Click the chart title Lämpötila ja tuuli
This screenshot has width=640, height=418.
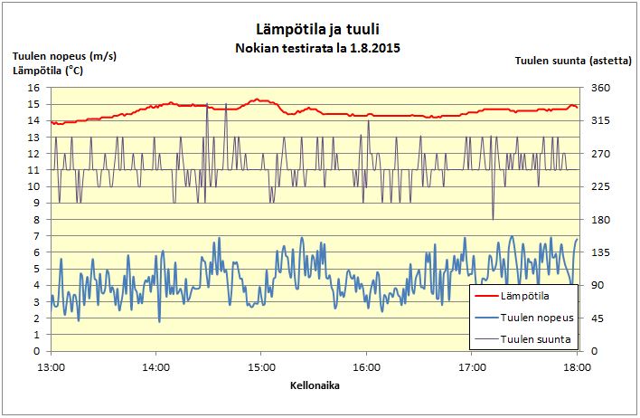tap(317, 29)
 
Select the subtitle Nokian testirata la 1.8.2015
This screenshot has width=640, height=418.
tap(317, 47)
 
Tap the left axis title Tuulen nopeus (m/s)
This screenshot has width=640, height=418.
tap(64, 55)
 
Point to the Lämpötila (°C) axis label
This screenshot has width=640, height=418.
tap(48, 70)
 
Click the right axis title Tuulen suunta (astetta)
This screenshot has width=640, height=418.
tap(573, 62)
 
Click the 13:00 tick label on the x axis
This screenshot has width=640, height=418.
tap(51, 367)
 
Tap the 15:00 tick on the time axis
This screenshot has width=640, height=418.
tap(261, 367)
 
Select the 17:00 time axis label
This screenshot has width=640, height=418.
tap(472, 367)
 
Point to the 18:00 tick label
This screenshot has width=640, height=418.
tap(577, 367)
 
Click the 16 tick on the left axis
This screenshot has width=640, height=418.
tap(34, 88)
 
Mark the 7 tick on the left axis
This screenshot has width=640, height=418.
tap(37, 236)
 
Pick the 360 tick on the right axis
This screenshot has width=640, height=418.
tap(601, 88)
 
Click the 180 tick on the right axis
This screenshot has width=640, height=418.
tap(601, 220)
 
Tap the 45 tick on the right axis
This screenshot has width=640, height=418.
tap(598, 318)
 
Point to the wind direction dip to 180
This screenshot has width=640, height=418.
tap(493, 218)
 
